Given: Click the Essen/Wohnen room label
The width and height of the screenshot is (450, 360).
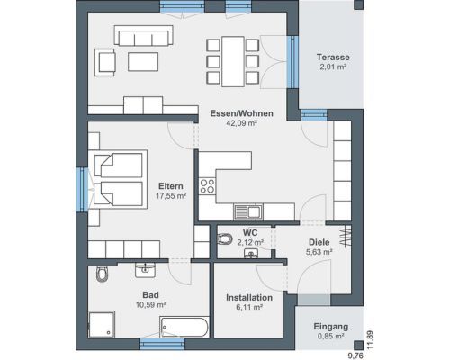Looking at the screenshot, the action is [x=241, y=113].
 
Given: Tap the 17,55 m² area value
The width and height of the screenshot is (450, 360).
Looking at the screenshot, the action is [x=171, y=196].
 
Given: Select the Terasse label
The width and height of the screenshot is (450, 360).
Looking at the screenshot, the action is [x=333, y=57].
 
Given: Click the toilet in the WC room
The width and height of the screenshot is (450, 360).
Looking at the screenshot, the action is [x=225, y=238].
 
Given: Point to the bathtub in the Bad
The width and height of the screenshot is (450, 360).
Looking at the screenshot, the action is [x=184, y=327].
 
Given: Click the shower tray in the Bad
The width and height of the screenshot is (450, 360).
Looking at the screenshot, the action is [x=102, y=325].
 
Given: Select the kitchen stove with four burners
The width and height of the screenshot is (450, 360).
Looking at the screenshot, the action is [x=207, y=186].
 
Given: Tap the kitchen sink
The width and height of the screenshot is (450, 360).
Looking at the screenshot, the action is [x=248, y=211].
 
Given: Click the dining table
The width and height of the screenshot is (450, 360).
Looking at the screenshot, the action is [x=233, y=61].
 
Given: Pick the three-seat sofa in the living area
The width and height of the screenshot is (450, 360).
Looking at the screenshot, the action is [x=143, y=35].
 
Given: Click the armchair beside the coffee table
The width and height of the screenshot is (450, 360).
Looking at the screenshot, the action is [x=105, y=62].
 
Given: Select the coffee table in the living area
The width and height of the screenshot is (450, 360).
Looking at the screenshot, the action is [x=143, y=62].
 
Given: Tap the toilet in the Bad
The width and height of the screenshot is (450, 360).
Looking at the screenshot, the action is [x=102, y=273].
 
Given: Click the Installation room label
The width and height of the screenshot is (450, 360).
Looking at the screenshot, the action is [x=249, y=298].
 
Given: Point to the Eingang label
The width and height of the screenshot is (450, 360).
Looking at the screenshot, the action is [x=331, y=327].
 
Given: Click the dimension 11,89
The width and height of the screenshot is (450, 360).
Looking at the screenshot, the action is [x=371, y=339].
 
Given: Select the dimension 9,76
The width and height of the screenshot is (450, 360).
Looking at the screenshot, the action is [x=355, y=355].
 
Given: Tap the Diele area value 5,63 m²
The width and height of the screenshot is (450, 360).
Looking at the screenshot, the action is [x=319, y=252].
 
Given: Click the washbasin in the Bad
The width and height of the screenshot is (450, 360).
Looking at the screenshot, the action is [x=146, y=270].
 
